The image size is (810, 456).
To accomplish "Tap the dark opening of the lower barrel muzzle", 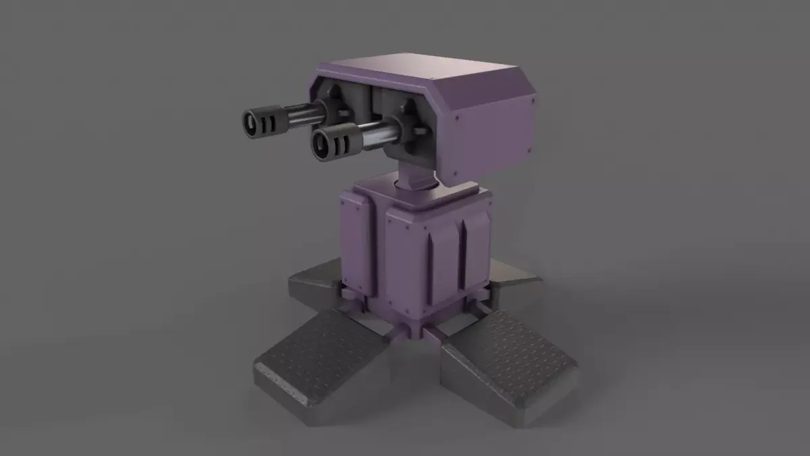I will point(322,144).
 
